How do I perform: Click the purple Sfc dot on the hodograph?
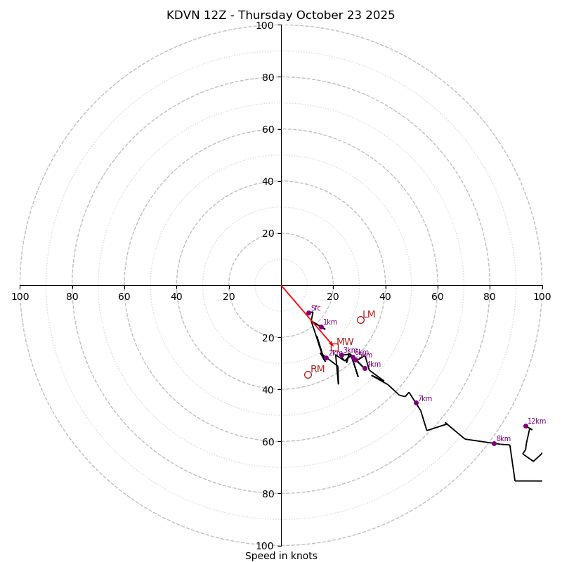308,313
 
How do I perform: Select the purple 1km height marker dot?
321,327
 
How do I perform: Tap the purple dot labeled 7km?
416,403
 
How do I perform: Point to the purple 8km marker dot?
494,443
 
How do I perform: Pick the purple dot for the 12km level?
525,426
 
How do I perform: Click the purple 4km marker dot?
365,368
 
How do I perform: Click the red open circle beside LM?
360,320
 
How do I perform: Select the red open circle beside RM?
308,374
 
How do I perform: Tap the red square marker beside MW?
332,344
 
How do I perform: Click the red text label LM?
369,315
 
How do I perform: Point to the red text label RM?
318,370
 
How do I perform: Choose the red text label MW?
345,342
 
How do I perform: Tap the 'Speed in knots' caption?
281,556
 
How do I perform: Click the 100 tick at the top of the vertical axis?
265,25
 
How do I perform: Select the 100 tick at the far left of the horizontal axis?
20,296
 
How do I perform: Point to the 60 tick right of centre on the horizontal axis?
437,296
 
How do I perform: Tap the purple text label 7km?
425,398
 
